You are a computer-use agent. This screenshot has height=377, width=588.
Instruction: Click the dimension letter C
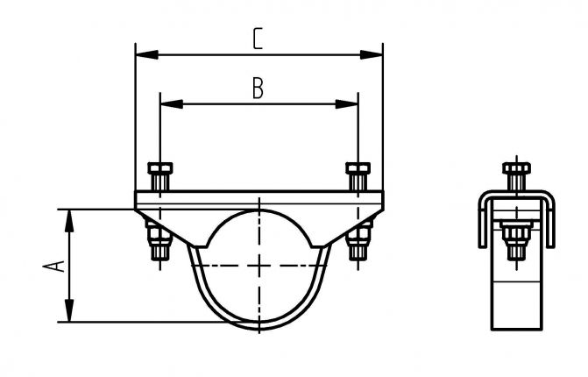click(258, 39)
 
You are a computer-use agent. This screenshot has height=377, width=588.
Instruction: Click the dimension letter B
click(258, 88)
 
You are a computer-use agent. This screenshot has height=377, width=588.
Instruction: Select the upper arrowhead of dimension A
click(67, 216)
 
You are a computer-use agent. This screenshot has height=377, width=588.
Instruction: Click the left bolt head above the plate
click(159, 168)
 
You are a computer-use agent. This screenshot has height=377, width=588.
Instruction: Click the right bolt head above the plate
click(358, 168)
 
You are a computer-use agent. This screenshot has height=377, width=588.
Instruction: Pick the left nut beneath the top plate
click(158, 235)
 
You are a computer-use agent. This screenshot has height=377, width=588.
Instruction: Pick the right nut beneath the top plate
click(358, 235)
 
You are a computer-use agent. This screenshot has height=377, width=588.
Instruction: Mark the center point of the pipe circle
click(259, 265)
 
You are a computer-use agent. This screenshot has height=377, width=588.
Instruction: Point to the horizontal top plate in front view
click(259, 200)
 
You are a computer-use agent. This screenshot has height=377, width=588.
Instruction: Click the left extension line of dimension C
click(135, 114)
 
